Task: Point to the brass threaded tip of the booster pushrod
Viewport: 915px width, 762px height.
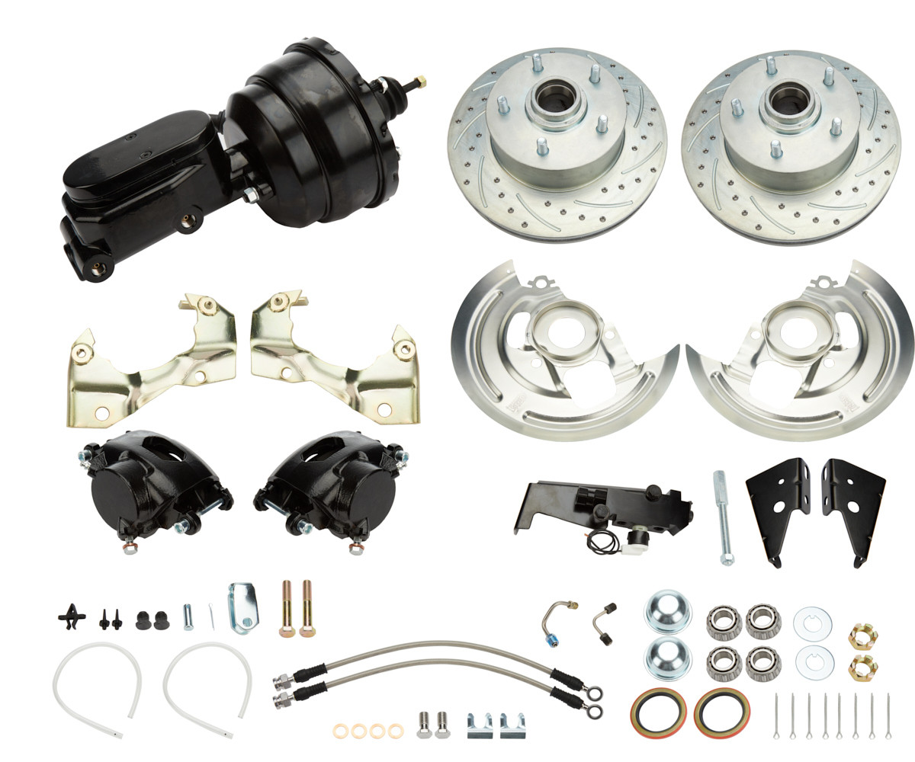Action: point(420,82)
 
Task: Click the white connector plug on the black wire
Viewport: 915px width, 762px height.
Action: point(632,538)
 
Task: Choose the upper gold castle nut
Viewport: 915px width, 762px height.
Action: point(862,636)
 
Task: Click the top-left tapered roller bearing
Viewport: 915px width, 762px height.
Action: point(721,622)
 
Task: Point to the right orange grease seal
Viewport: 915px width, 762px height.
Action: point(720,712)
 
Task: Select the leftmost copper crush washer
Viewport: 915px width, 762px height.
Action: point(342,732)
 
